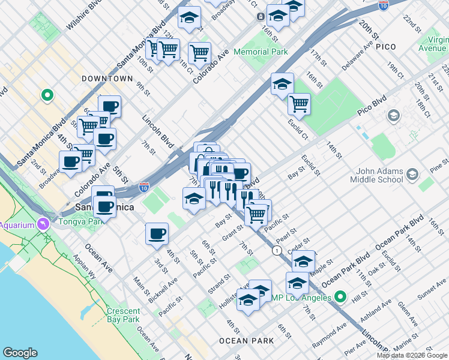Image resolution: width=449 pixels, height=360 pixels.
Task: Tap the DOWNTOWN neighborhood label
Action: click(x=107, y=79)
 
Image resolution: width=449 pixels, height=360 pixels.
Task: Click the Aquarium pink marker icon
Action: click(x=43, y=224)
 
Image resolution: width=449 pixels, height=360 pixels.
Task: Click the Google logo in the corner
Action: click(x=20, y=353)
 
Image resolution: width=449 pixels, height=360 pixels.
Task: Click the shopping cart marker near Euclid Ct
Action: click(x=298, y=104)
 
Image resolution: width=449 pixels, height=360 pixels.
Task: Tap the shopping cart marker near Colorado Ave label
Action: click(x=199, y=52)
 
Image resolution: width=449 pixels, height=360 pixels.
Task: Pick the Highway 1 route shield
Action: click(x=277, y=250)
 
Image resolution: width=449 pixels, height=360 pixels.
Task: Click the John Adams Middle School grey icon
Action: click(x=412, y=175)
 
